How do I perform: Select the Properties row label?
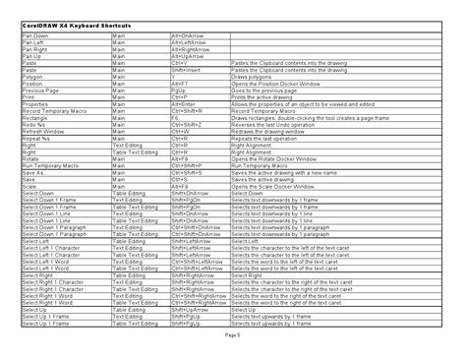pyautogui.click(x=33, y=104)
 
